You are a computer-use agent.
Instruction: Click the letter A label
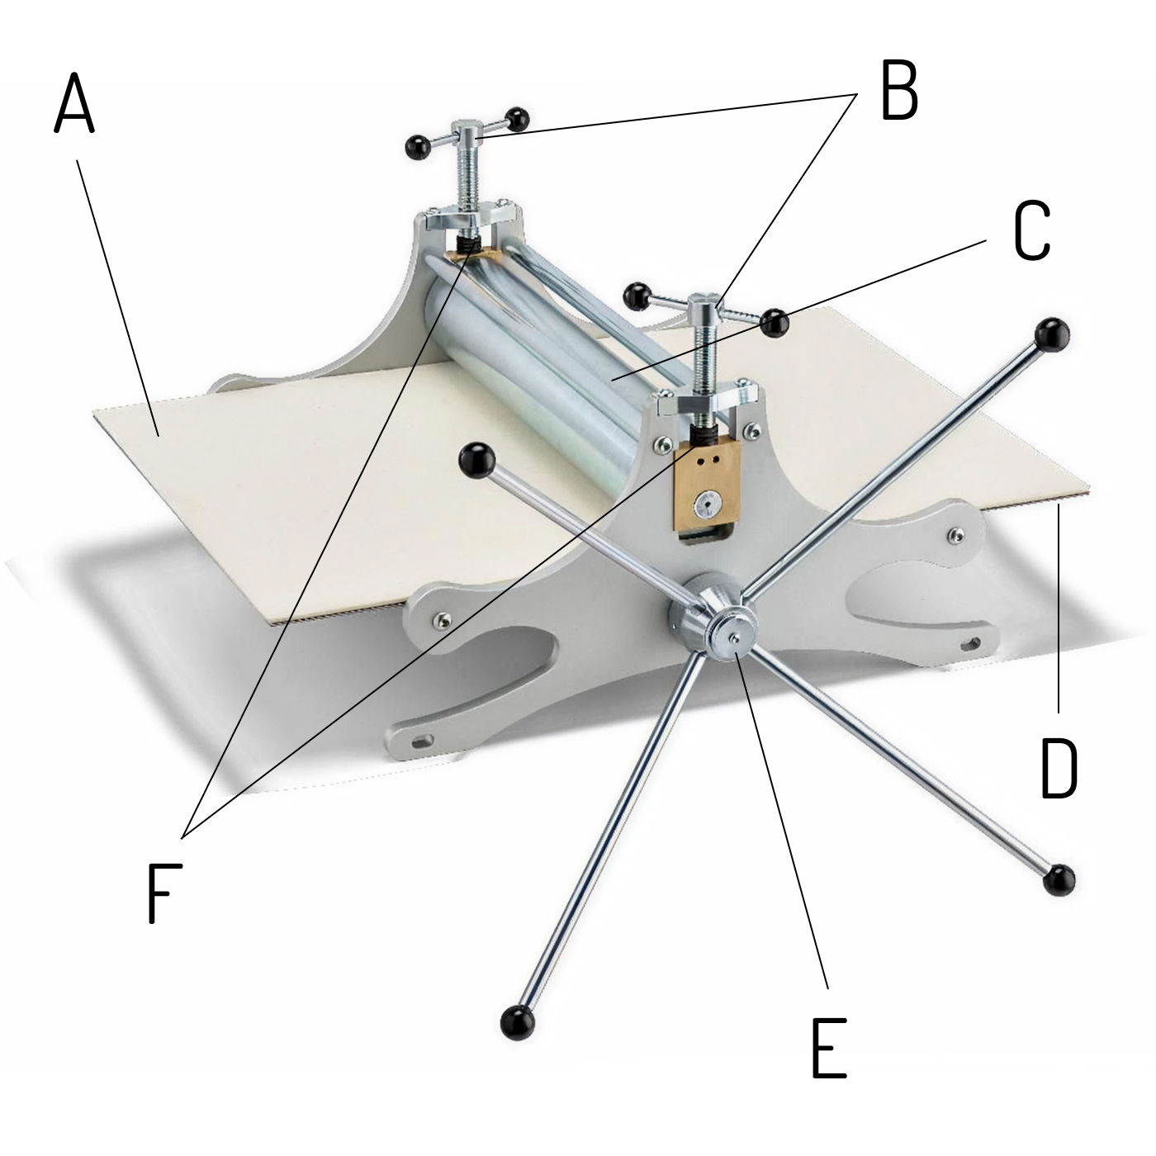(x=74, y=102)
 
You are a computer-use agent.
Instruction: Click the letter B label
(x=898, y=89)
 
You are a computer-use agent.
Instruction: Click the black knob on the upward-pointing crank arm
(x=1053, y=335)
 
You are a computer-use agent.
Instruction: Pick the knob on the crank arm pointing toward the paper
(x=476, y=460)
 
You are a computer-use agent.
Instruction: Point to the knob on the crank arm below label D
(x=1059, y=898)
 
